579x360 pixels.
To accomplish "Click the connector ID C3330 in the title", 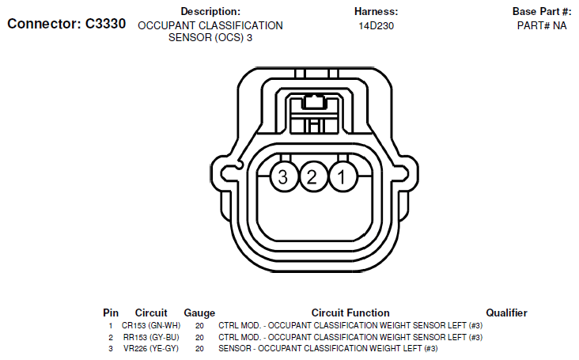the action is pos(106,24).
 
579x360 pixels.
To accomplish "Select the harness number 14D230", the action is pos(376,26).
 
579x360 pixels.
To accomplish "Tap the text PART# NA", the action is pos(542,25).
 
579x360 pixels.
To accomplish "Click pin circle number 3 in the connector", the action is pos(283,176).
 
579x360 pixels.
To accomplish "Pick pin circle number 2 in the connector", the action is pos(312,176).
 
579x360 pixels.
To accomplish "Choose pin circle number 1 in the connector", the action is pos(342,176).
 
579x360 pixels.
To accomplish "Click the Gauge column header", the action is pos(199,313).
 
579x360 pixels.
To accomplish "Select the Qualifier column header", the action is pos(506,313).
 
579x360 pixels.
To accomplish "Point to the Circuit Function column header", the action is pos(350,313).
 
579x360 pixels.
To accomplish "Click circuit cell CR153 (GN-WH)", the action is pos(151,326).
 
